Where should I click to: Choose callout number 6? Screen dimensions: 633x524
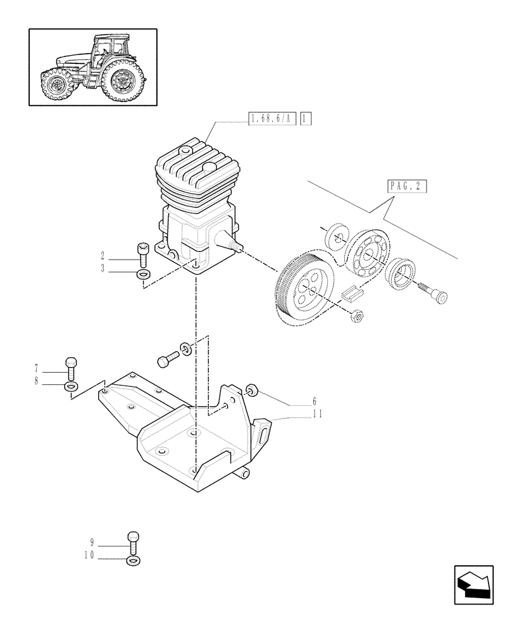[x=314, y=402]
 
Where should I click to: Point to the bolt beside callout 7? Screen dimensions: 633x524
[x=72, y=367]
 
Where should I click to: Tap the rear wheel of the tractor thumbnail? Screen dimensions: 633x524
[x=122, y=82]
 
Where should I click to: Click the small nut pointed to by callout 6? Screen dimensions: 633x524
[x=252, y=391]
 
